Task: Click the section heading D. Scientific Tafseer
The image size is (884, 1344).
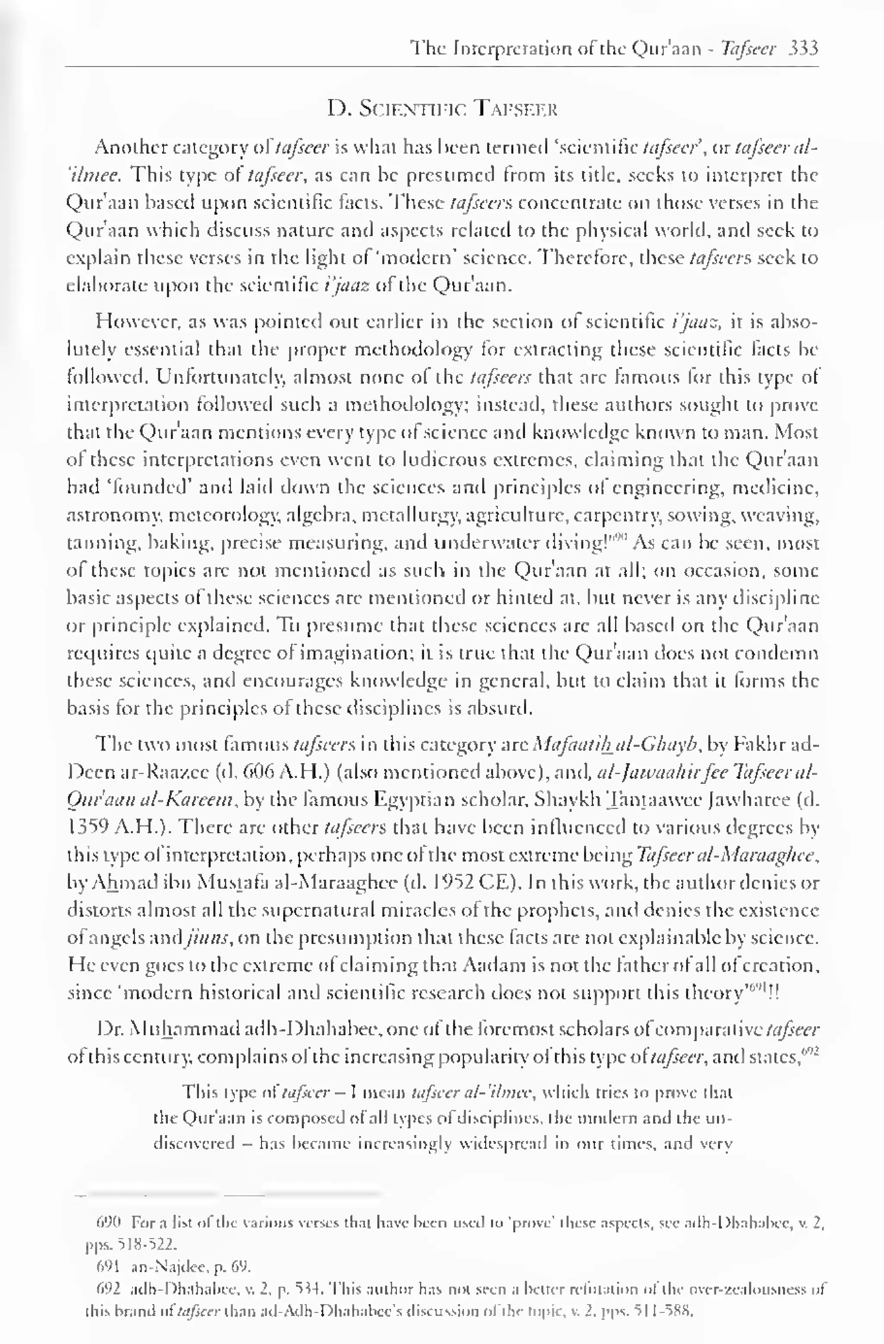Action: tap(442, 108)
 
